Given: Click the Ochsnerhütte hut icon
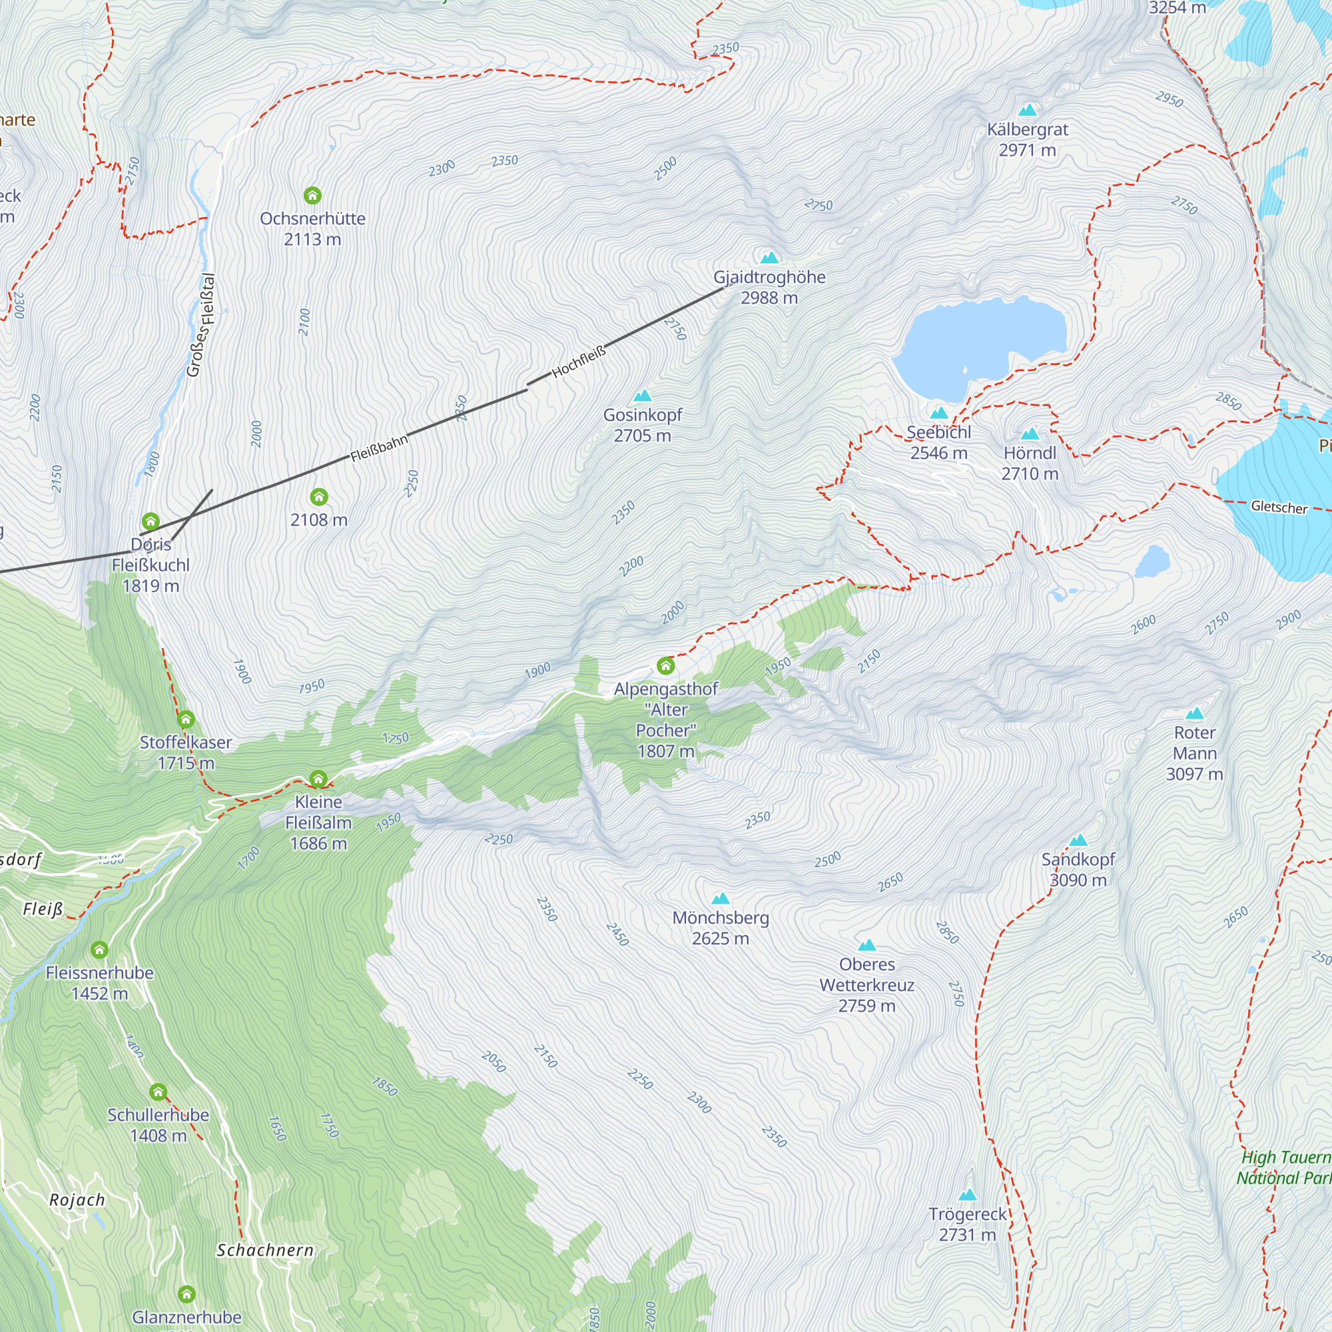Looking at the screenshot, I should pos(312,196).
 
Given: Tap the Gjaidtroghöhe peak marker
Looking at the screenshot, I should pos(769,258).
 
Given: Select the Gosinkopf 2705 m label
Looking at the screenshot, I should pos(642,426).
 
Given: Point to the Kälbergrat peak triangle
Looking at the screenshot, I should pos(1027,111).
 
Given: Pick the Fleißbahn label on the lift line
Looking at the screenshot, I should pos(378,448).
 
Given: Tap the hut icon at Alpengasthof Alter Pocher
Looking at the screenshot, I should pos(665,666).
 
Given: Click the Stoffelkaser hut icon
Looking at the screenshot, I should pos(185,720).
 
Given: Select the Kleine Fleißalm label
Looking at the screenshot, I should pos(318,823).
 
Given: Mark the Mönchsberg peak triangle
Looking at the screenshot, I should pos(721,898).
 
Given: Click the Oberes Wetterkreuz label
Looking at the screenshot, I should pos(866,984).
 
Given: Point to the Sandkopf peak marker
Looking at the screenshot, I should pos(1078,840).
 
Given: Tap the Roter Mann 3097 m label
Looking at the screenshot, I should pos(1194,753).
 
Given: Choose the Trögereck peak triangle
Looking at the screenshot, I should pos(968,1195).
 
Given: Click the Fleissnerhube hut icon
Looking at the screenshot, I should pos(99,950).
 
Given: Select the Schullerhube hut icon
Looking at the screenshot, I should pos(158,1092).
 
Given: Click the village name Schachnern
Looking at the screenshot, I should pos(265,1250).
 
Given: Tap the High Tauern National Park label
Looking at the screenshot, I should pos(1284,1167).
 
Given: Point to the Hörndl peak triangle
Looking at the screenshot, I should pos(1030,434).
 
